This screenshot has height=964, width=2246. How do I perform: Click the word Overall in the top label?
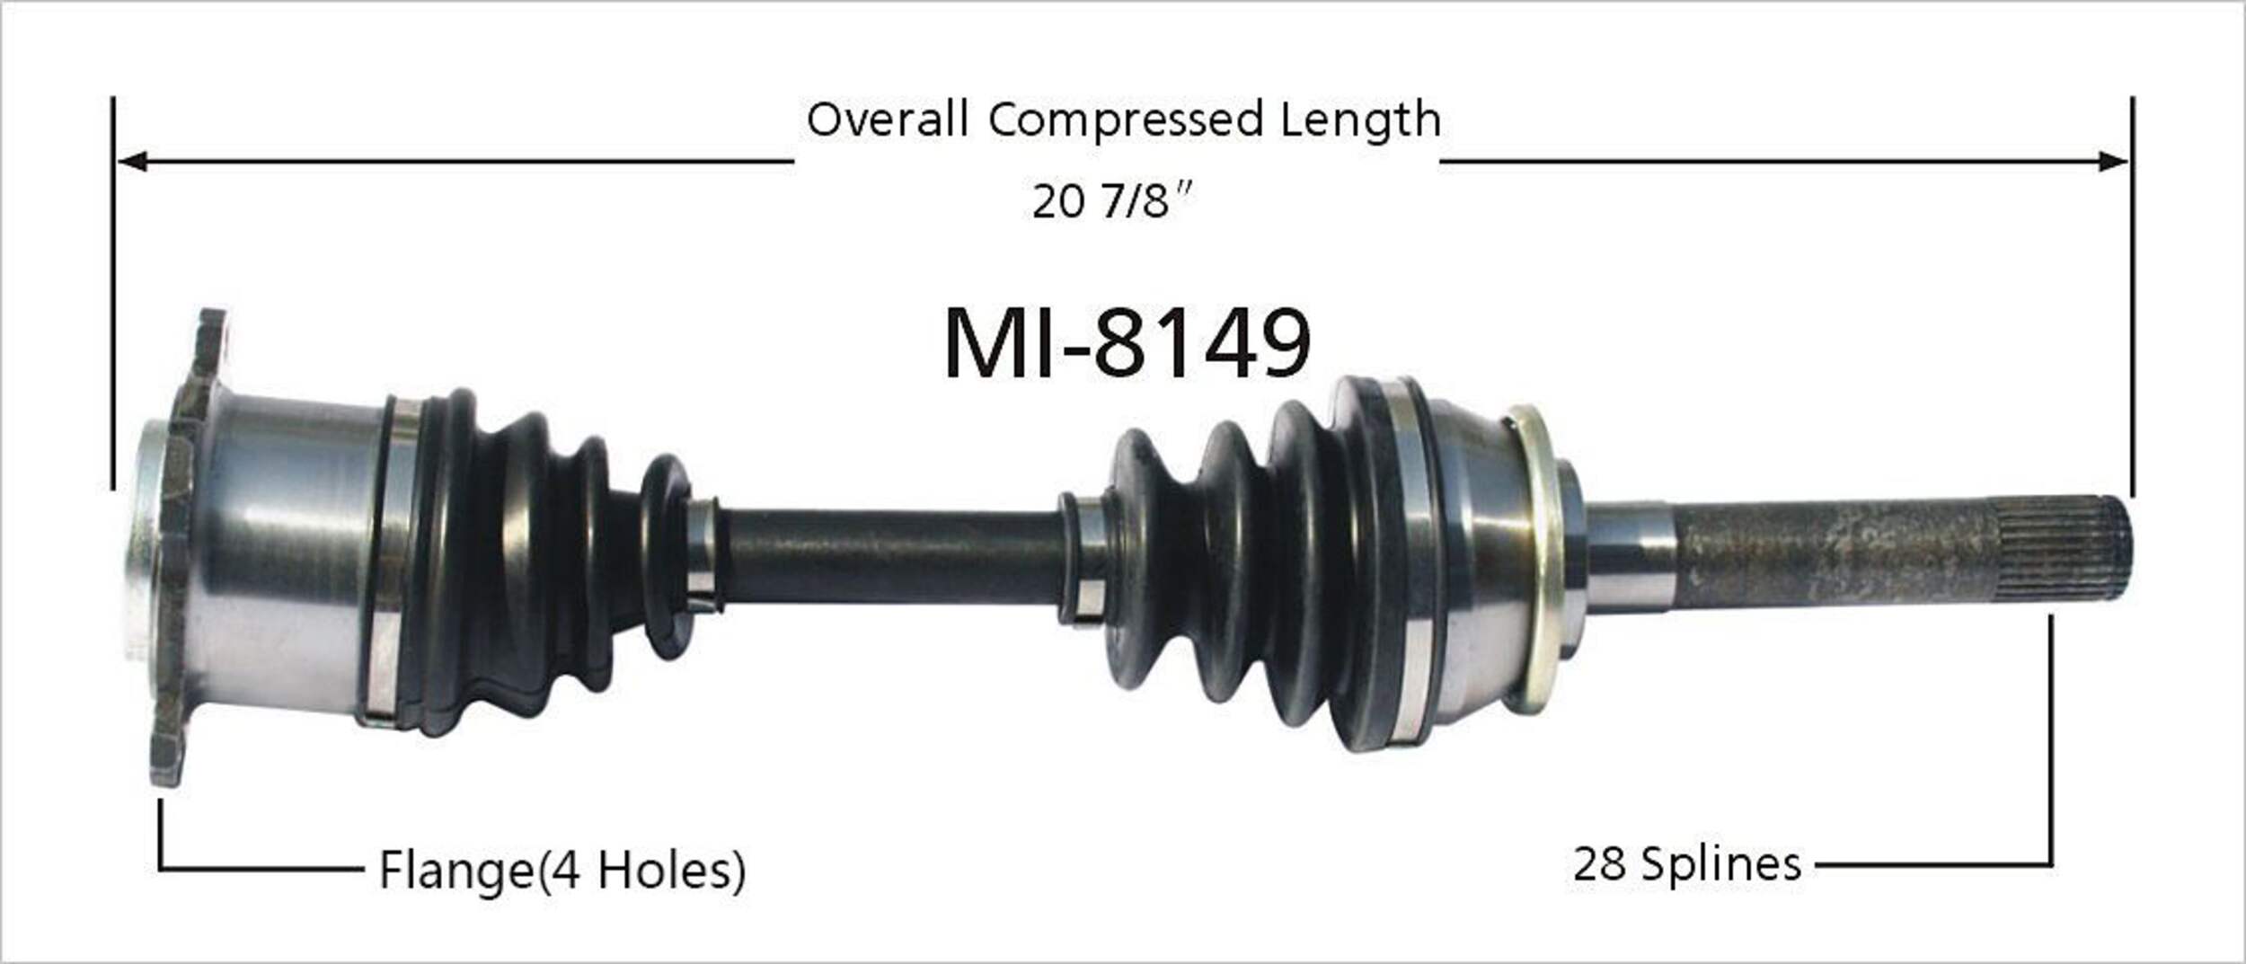887,119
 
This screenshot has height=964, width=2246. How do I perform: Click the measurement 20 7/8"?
1110,200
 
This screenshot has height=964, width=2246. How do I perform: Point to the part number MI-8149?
1127,342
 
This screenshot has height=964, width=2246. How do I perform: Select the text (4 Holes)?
641,870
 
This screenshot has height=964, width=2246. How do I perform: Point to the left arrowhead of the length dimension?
130,162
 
